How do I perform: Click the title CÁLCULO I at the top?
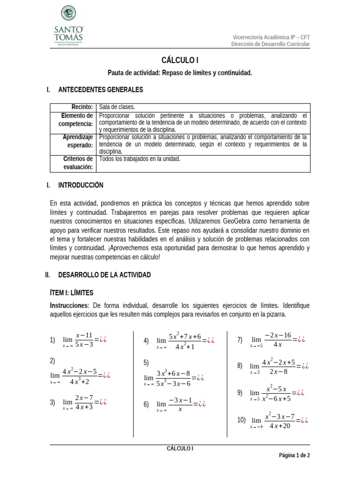(x=180, y=60)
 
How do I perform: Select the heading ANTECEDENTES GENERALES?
(x=100, y=90)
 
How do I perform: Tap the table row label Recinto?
(x=82, y=107)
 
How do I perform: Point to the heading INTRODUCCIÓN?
(x=80, y=185)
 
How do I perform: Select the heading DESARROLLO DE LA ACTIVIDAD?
(x=104, y=275)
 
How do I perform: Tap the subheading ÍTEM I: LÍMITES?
(x=72, y=292)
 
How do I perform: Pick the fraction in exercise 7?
(x=278, y=340)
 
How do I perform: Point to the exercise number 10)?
(x=242, y=420)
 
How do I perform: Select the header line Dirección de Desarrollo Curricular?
(x=271, y=44)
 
